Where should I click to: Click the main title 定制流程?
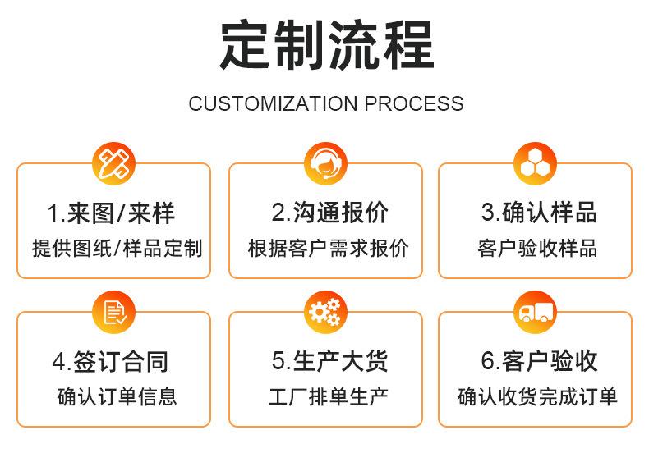click(x=326, y=47)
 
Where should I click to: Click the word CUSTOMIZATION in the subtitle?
click(x=273, y=104)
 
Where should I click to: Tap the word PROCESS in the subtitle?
click(x=414, y=104)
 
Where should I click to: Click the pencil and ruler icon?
click(x=114, y=162)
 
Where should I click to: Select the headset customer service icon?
click(x=325, y=162)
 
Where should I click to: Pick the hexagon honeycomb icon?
click(x=535, y=162)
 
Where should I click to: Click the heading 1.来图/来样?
click(x=112, y=213)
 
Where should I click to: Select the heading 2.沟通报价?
click(x=329, y=213)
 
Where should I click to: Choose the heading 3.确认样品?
click(x=539, y=213)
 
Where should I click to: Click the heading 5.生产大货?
click(x=329, y=361)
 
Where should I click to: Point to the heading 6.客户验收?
click(x=539, y=361)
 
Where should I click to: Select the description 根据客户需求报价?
click(x=328, y=248)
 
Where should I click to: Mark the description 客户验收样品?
click(x=537, y=248)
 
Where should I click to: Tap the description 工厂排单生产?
click(x=328, y=397)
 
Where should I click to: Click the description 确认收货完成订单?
click(x=537, y=397)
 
